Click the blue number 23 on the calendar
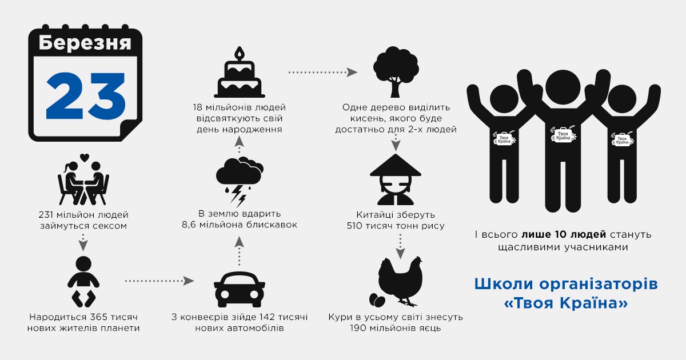click(86, 96)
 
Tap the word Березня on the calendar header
click(85, 43)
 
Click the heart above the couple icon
click(85, 158)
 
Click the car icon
click(239, 289)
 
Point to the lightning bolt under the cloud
click(238, 196)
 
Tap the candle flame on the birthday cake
click(240, 53)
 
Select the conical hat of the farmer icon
click(396, 165)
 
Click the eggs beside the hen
click(377, 299)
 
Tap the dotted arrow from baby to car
click(159, 281)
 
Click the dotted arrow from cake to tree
click(323, 73)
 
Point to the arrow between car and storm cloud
click(239, 251)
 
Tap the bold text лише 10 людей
click(564, 234)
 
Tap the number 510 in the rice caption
click(354, 226)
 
